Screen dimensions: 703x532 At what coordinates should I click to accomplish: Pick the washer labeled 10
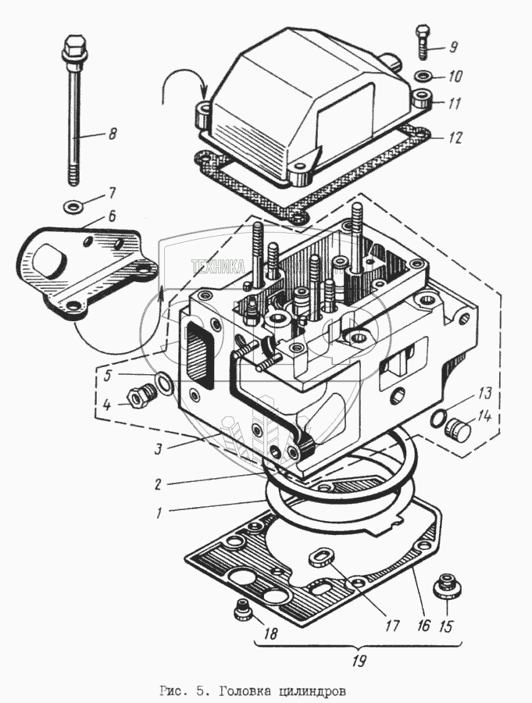(x=422, y=76)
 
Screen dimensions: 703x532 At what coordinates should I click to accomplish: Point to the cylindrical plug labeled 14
(x=457, y=429)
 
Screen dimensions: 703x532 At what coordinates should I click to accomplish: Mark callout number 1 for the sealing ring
(x=159, y=513)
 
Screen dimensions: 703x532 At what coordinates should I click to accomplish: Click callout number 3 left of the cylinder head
(x=159, y=449)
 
